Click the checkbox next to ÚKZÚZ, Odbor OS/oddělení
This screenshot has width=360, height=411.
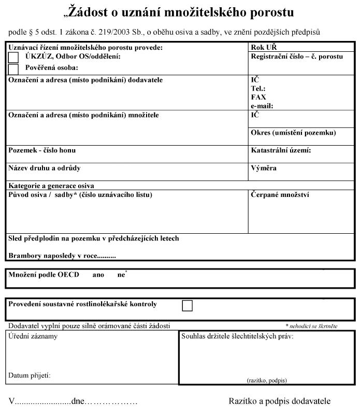pyautogui.click(x=13, y=57)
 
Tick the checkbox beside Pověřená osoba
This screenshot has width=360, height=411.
pyautogui.click(x=13, y=68)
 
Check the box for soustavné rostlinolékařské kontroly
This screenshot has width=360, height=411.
pyautogui.click(x=187, y=306)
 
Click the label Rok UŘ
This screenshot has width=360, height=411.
pyautogui.click(x=264, y=48)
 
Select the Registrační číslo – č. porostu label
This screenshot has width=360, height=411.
pyautogui.click(x=296, y=56)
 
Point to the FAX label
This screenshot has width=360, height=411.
pyautogui.click(x=259, y=97)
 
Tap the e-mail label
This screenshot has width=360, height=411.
pyautogui.click(x=262, y=105)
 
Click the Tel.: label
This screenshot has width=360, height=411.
pyautogui.click(x=258, y=89)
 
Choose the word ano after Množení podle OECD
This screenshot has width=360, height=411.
pyautogui.click(x=98, y=275)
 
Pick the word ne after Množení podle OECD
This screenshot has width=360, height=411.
pyautogui.click(x=121, y=275)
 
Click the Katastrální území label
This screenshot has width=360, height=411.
pyautogui.click(x=281, y=151)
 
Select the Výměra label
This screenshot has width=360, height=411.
pyautogui.click(x=264, y=168)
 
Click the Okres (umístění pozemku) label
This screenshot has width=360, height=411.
pyautogui.click(x=293, y=133)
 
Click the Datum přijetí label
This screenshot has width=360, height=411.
pyautogui.click(x=30, y=375)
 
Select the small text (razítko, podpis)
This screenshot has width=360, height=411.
pyautogui.click(x=267, y=380)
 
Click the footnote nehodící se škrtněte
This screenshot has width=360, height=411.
pyautogui.click(x=311, y=326)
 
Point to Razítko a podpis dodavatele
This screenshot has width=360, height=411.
pyautogui.click(x=279, y=401)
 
